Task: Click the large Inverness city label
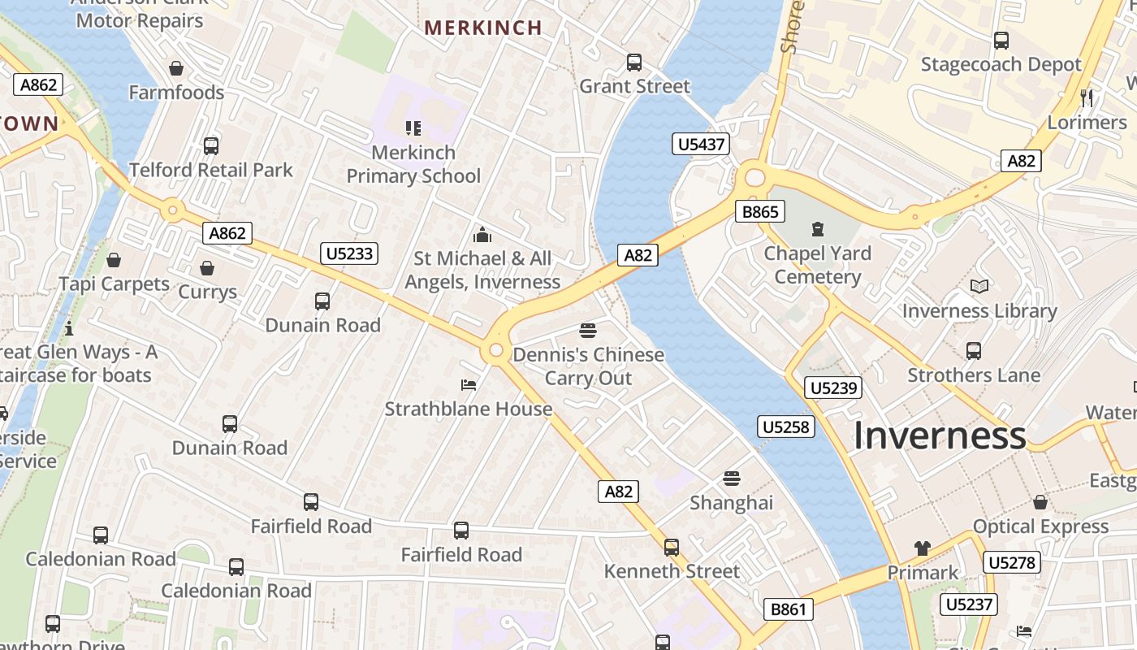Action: [940, 435]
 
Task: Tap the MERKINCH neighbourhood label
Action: [483, 28]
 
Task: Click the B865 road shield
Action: [760, 212]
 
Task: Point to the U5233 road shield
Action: [349, 253]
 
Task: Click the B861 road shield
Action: [789, 609]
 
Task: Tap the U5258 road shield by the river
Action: [786, 426]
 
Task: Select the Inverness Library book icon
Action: [979, 287]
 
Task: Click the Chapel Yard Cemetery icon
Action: [817, 229]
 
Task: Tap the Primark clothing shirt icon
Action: [922, 548]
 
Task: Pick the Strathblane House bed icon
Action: [469, 384]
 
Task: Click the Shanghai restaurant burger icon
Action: [732, 478]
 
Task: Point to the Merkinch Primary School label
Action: [413, 164]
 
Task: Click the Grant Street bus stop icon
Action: [634, 62]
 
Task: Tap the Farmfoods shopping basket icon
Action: [176, 68]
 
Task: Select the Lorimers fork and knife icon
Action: [1087, 98]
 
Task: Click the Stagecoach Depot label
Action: [1001, 64]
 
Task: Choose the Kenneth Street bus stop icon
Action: [672, 547]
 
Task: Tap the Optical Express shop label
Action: [1040, 526]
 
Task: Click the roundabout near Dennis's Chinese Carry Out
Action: [495, 351]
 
